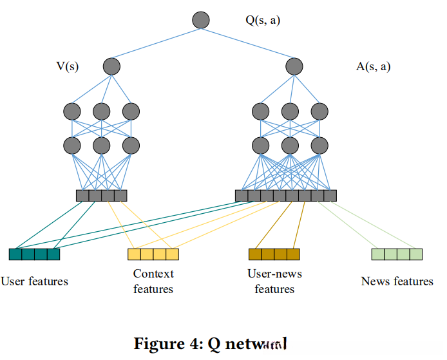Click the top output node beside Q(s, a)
[201, 20]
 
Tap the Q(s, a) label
[263, 20]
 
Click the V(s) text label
[68, 66]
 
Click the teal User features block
[34, 254]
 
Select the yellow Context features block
[153, 254]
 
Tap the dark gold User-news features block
[274, 254]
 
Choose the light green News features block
[397, 254]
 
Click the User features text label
[34, 281]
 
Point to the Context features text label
[153, 281]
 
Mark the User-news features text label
[274, 281]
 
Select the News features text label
[397, 281]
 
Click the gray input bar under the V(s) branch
[101, 195]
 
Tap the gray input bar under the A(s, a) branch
[286, 195]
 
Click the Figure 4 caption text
[210, 343]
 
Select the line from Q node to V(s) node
[157, 43]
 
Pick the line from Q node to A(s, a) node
[248, 43]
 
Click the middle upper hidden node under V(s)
[101, 111]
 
